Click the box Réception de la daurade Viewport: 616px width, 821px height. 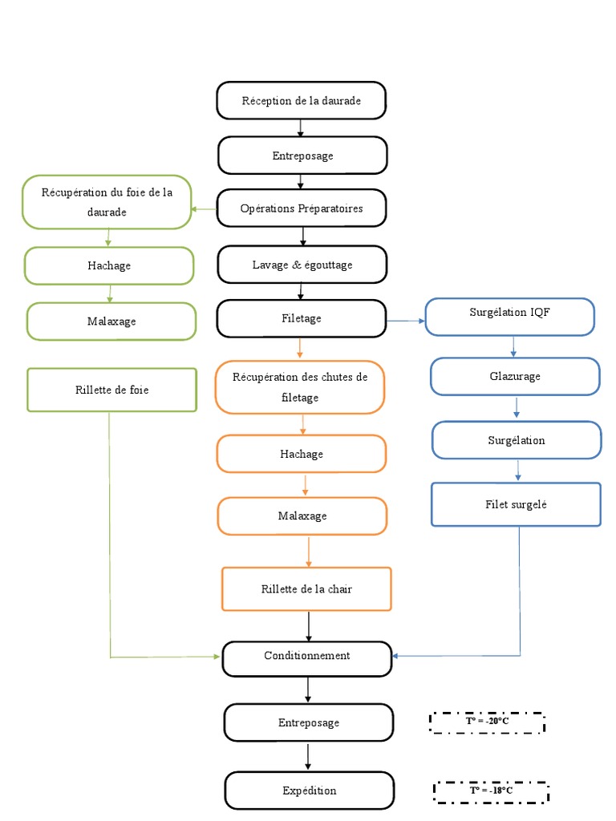[x=301, y=100]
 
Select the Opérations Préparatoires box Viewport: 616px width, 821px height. [x=301, y=208]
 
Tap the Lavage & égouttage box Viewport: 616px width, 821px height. [x=301, y=265]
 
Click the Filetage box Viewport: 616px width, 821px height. [x=301, y=318]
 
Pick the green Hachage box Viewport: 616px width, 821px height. [x=109, y=265]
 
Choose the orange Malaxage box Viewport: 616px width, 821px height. [x=301, y=516]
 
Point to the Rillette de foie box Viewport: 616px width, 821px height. [x=111, y=390]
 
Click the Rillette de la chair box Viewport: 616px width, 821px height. [x=306, y=588]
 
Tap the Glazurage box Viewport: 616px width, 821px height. [x=514, y=376]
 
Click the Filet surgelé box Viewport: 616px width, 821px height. [x=516, y=504]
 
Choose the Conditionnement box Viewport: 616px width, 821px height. [x=306, y=657]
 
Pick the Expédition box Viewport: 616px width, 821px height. [x=309, y=791]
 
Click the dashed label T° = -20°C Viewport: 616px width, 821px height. [x=487, y=722]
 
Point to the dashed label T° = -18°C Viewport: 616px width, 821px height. [x=491, y=791]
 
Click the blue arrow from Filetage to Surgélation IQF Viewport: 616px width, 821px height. [x=405, y=321]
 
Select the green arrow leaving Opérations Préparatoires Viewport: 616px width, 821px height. [x=203, y=209]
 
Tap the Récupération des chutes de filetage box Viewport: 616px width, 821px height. [x=300, y=386]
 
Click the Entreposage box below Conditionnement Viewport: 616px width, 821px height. [x=309, y=722]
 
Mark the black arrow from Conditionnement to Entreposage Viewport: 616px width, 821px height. [x=308, y=690]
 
